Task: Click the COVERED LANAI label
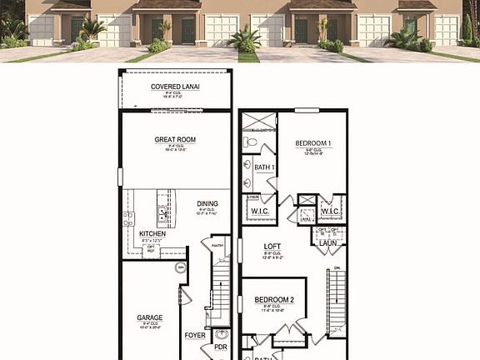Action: click(175, 87)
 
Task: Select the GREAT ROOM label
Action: click(175, 140)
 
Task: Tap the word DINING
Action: click(207, 203)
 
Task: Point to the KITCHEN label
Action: click(152, 234)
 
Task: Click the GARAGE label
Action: click(150, 317)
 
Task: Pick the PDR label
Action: click(221, 347)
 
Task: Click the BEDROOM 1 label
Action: click(313, 143)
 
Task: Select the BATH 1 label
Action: click(264, 167)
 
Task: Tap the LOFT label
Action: click(272, 247)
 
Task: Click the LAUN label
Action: click(327, 242)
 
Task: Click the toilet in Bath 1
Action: click(250, 142)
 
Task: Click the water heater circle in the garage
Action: click(180, 267)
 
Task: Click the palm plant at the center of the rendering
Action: click(245, 38)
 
